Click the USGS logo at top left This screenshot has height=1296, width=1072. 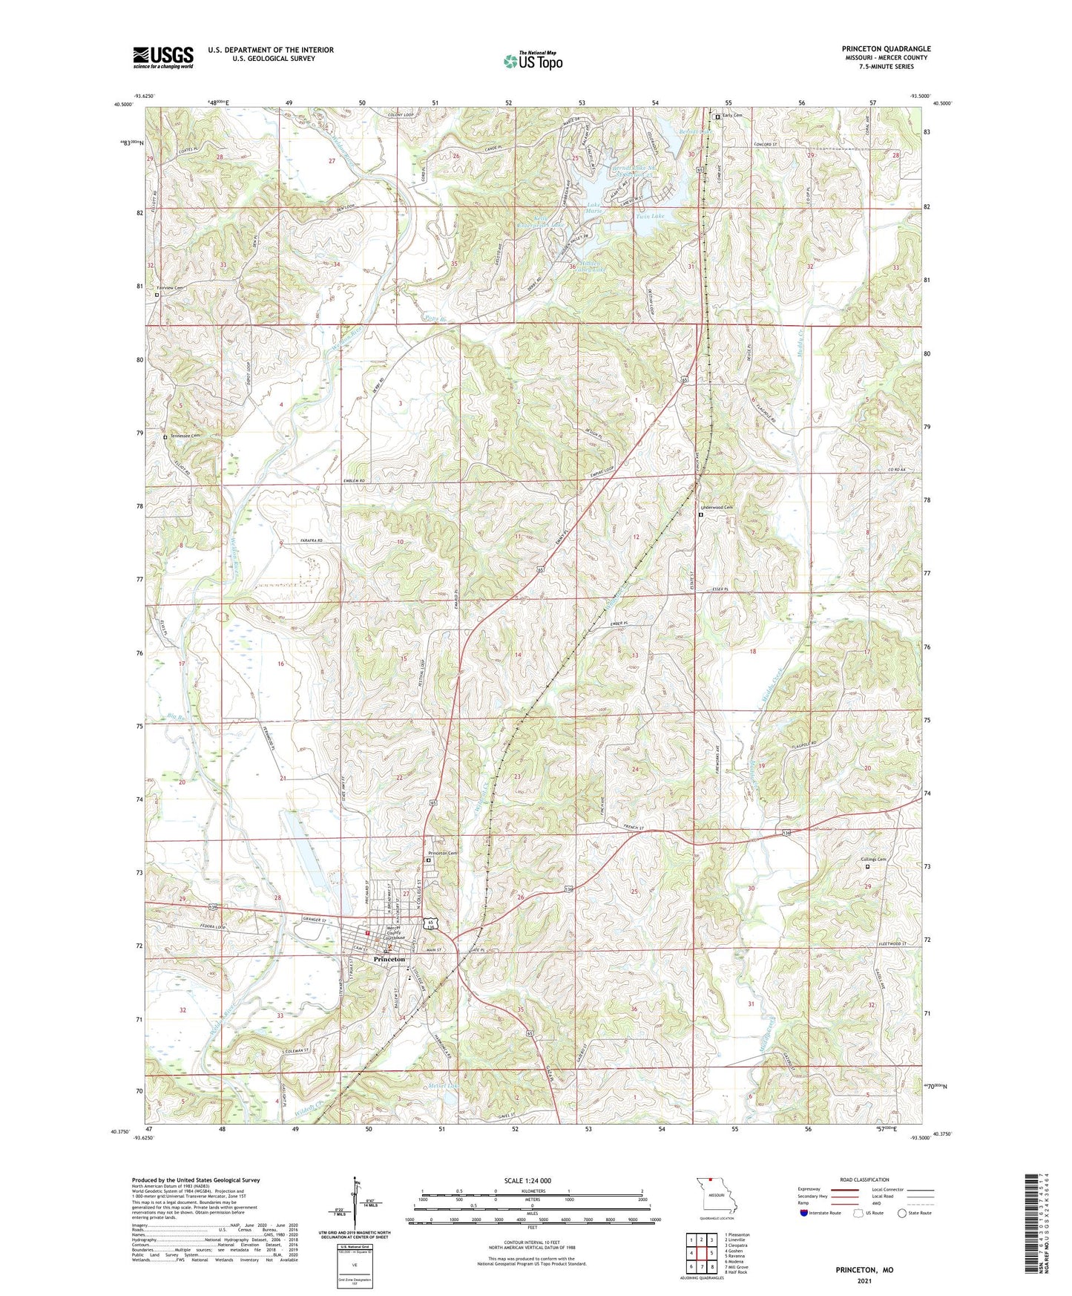(x=163, y=56)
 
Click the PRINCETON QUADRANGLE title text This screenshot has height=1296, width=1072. (x=886, y=49)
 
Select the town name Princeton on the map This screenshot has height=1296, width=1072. (x=389, y=959)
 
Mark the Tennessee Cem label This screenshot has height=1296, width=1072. (x=185, y=436)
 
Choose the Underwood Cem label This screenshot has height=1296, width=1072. (x=717, y=507)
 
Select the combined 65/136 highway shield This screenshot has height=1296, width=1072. (x=431, y=924)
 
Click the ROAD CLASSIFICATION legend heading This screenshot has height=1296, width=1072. (x=865, y=1179)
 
